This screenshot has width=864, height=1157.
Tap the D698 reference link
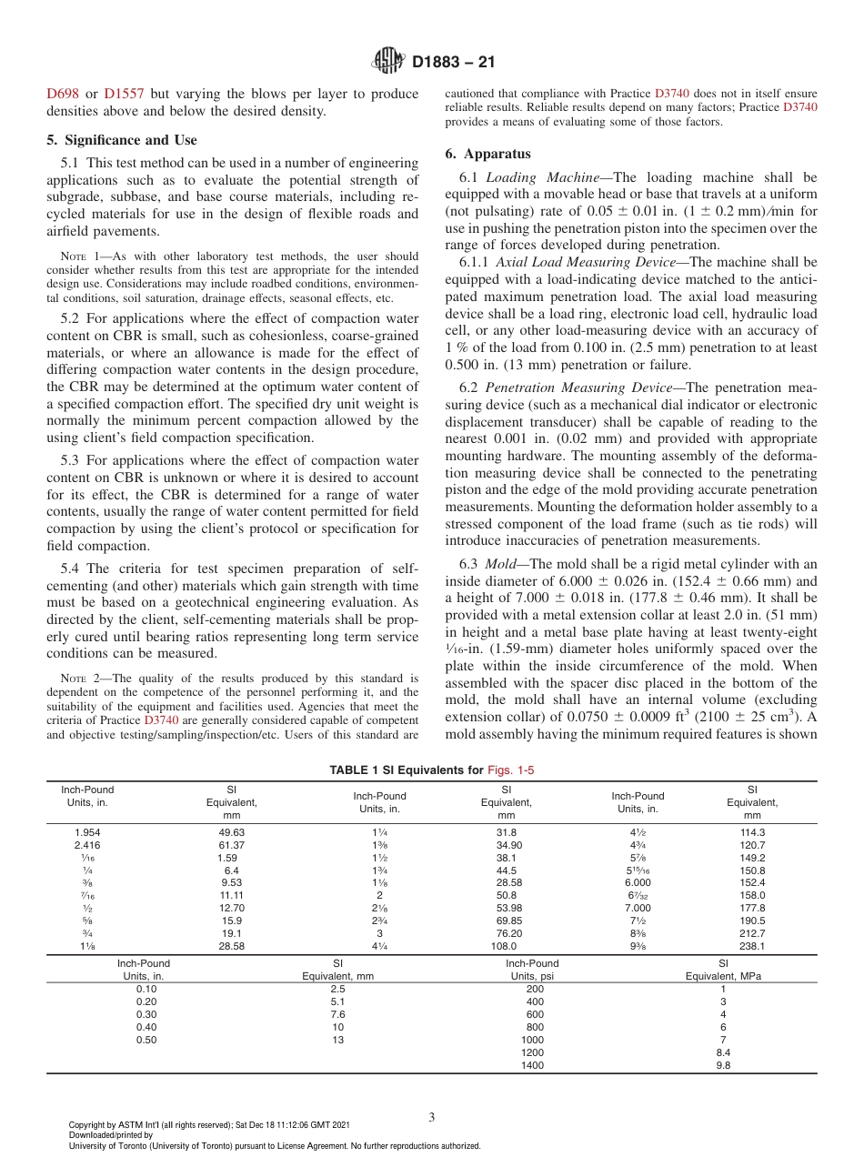click(x=62, y=94)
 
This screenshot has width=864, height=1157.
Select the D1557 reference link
click(x=123, y=94)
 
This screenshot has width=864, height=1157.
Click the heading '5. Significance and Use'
click(x=121, y=140)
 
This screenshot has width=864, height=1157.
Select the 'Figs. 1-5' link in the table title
click(x=512, y=770)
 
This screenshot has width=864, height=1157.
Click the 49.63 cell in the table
click(x=232, y=832)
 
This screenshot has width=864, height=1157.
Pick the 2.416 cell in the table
click(x=87, y=845)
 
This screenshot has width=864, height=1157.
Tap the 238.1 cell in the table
click(x=752, y=945)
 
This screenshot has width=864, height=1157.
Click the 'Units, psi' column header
click(x=532, y=975)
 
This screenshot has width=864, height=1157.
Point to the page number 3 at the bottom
click(x=432, y=1117)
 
